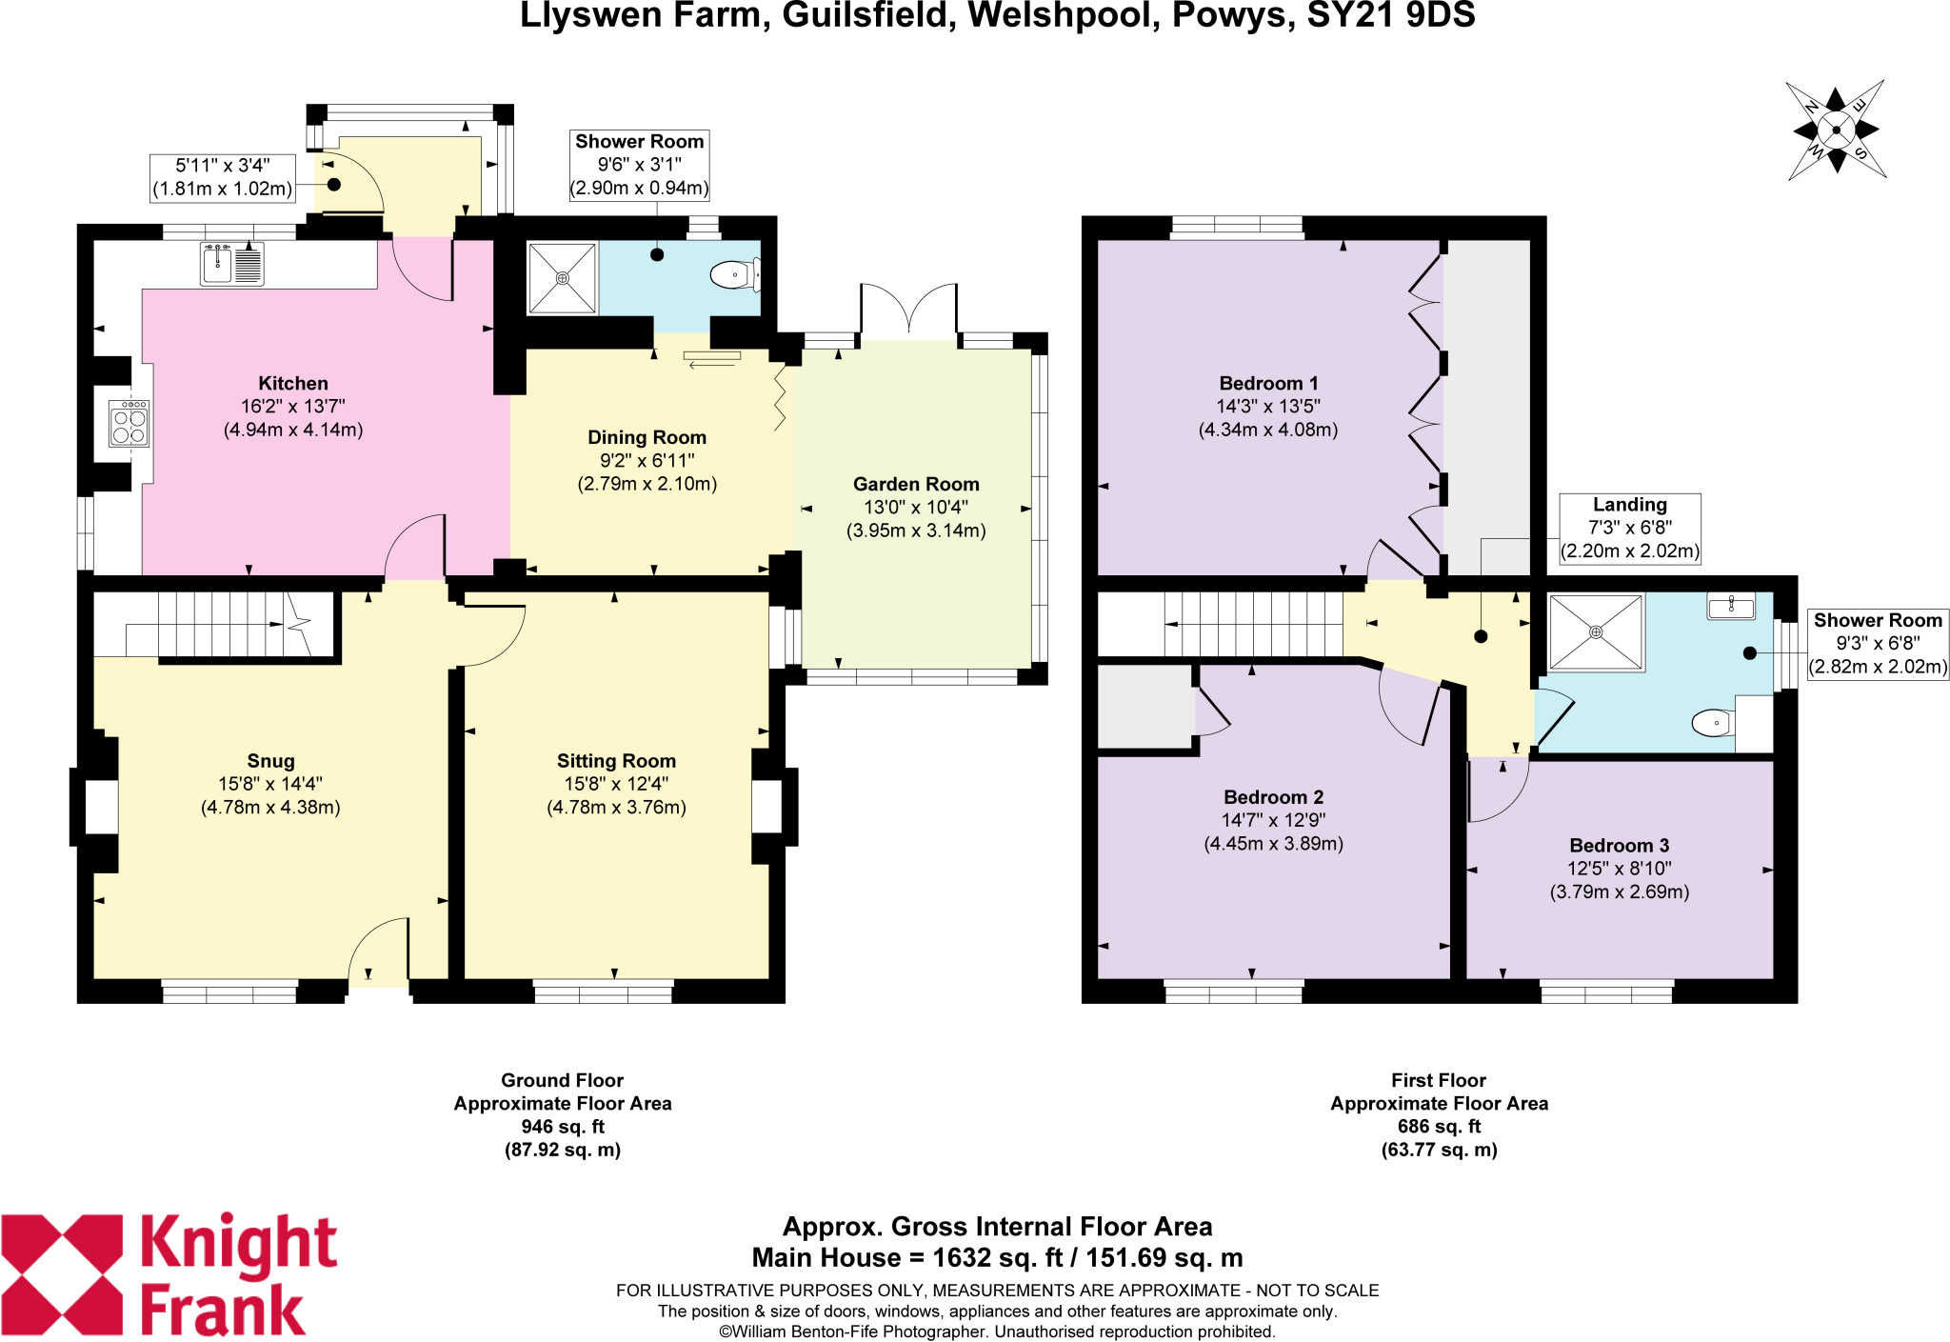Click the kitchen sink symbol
point(231,264)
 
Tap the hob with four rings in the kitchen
point(129,424)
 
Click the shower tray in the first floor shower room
point(1596,632)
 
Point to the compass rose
point(1836,130)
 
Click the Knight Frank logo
point(169,1274)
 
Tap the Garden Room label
point(915,484)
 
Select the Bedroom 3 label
point(1619,845)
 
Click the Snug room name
point(270,760)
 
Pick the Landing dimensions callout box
point(1629,529)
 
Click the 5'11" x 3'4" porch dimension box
point(223,178)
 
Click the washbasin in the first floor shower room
point(1730,606)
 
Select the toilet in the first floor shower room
point(1712,723)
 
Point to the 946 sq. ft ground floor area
point(562,1126)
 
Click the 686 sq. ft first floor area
point(1439,1126)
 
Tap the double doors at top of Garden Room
point(908,310)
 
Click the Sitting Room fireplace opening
point(766,806)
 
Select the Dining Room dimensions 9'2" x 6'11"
point(647,460)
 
